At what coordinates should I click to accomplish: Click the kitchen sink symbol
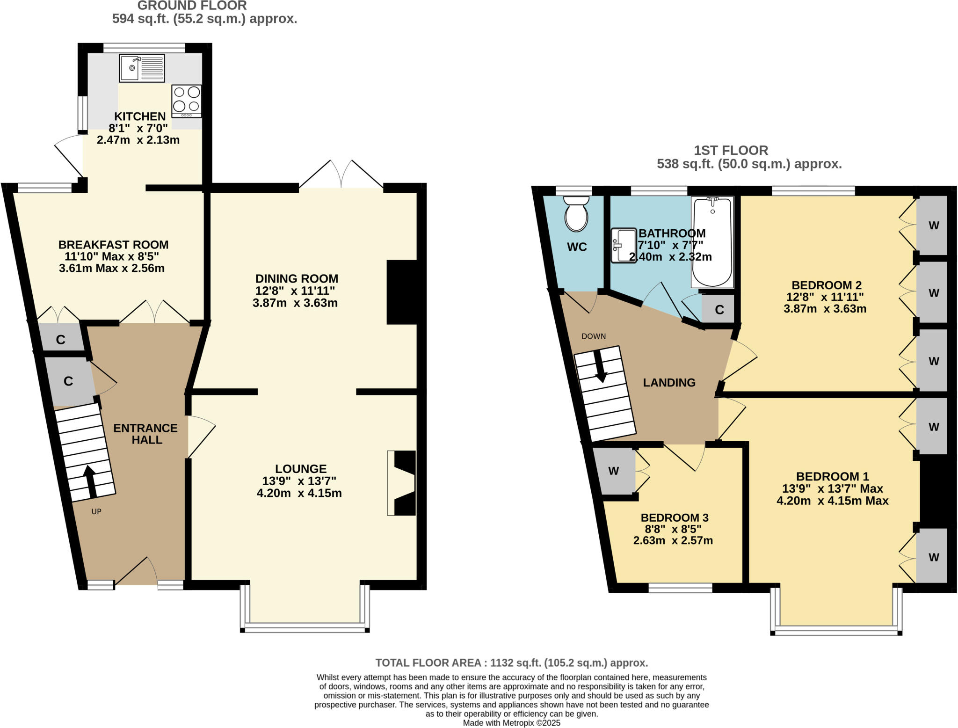[x=142, y=68]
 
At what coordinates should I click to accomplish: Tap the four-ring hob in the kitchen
[x=186, y=101]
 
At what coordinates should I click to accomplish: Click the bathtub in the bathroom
[x=712, y=242]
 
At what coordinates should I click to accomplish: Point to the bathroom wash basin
[x=624, y=245]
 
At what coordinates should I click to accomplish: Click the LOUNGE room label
[x=300, y=469]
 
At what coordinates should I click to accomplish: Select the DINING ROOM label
[x=297, y=278]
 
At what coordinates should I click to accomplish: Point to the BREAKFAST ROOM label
[x=113, y=245]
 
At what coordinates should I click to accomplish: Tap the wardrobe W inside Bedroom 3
[x=613, y=471]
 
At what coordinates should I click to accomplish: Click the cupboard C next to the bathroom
[x=719, y=310]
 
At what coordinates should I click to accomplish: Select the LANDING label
[x=669, y=383]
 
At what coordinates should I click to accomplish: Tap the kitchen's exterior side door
[x=69, y=157]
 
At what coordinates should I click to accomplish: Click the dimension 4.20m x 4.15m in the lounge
[x=299, y=493]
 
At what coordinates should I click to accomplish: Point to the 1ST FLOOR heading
[x=731, y=151]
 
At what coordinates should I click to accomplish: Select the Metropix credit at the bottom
[x=511, y=723]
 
